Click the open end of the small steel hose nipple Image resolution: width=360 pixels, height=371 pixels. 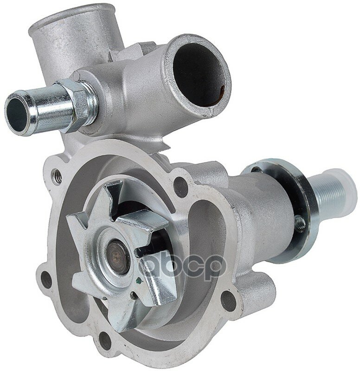17,114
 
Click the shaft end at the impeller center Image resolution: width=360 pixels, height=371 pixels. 118,256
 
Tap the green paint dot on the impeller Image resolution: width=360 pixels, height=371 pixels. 139,281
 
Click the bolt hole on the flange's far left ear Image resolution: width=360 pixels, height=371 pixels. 46,280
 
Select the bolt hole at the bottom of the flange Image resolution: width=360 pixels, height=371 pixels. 105,341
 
